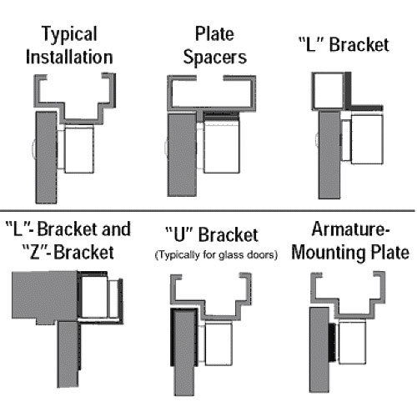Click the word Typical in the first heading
tap(69, 34)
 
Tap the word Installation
tap(69, 57)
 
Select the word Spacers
tap(215, 58)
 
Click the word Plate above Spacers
tap(214, 34)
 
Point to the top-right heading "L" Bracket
tap(344, 44)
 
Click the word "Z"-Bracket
tap(68, 252)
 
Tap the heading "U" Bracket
tap(212, 234)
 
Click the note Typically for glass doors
tap(216, 254)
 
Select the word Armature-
tap(351, 229)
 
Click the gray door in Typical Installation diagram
tap(46, 157)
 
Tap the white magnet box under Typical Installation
tap(79, 149)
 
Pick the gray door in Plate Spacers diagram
tap(182, 154)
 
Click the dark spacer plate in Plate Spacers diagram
tap(221, 116)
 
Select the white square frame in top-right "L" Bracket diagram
tap(328, 90)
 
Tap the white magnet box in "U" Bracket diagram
tap(219, 344)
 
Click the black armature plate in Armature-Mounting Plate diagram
tap(332, 344)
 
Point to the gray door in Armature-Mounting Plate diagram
tap(319, 349)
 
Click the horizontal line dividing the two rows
tap(208, 211)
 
